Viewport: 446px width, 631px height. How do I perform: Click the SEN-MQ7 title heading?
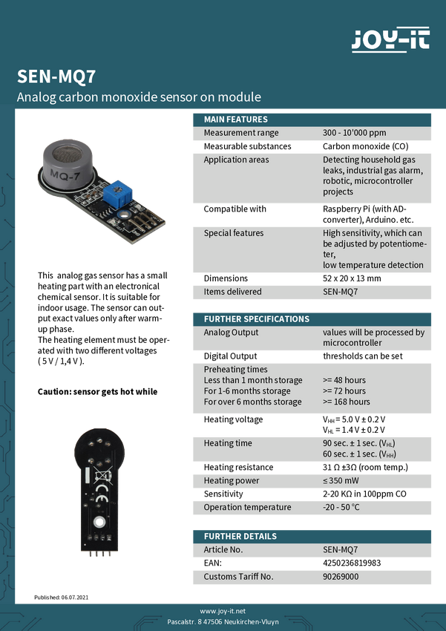56,76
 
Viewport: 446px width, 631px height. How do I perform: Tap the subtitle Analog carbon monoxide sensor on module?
139,97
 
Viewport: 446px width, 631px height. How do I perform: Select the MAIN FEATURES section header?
236,120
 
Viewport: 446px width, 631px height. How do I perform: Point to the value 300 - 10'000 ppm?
354,133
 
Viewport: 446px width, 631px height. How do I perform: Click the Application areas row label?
236,160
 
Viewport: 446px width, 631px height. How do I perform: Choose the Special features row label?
234,233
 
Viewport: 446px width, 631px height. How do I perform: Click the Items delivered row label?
232,292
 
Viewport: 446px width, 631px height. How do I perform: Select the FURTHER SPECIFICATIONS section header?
256,319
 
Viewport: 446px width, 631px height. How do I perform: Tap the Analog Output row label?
232,333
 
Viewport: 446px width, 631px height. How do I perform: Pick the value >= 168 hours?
347,402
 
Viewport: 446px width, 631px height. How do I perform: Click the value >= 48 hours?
344,380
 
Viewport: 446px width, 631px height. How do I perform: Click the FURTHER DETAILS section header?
240,536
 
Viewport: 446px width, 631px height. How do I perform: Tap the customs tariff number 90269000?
341,576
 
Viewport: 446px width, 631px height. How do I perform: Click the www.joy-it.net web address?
223,610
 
